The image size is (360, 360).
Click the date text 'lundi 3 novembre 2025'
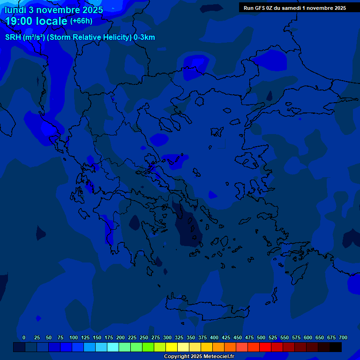pyautogui.click(x=53, y=9)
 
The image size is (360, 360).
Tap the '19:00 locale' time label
pyautogui.click(x=37, y=21)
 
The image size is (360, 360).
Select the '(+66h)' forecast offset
pyautogui.click(x=81, y=21)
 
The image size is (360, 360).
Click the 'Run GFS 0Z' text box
pyautogui.click(x=294, y=7)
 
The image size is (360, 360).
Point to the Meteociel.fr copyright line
pyautogui.click(x=199, y=356)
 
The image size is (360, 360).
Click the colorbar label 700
pyautogui.click(x=343, y=337)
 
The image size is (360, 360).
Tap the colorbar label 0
pyautogui.click(x=24, y=337)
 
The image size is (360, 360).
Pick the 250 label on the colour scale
pyautogui.click(x=144, y=337)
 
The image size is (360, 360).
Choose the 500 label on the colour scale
pyautogui.click(x=261, y=337)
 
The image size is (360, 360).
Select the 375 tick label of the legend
pyautogui.click(x=202, y=337)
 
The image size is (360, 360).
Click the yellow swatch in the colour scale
pyautogui.click(x=172, y=347)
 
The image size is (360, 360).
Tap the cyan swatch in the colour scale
pyautogui.click(x=113, y=347)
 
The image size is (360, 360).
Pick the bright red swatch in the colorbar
pyautogui.click(x=265, y=347)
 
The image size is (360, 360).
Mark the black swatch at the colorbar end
pyautogui.click(x=336, y=347)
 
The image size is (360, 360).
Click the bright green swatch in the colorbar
pyautogui.click(x=148, y=347)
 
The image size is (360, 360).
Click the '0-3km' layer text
pyautogui.click(x=144, y=37)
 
